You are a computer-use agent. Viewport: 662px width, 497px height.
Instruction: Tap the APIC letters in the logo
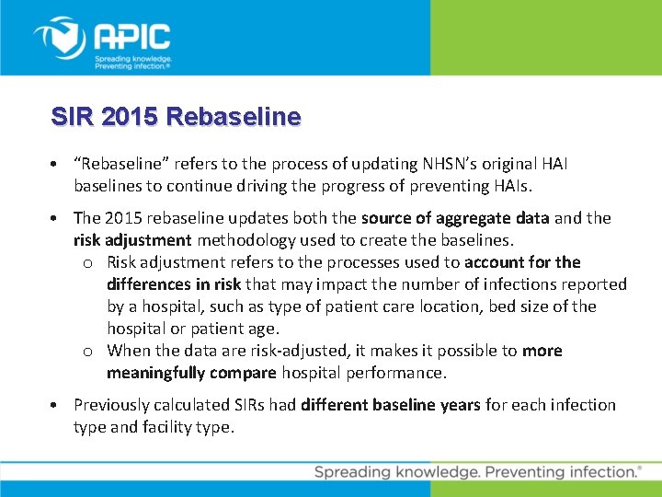pyautogui.click(x=133, y=37)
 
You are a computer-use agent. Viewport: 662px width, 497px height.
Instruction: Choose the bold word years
pyautogui.click(x=458, y=405)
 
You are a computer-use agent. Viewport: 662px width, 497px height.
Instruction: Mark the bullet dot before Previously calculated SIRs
pyautogui.click(x=57, y=406)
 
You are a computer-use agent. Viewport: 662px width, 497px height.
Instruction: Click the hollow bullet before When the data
pyautogui.click(x=86, y=352)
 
